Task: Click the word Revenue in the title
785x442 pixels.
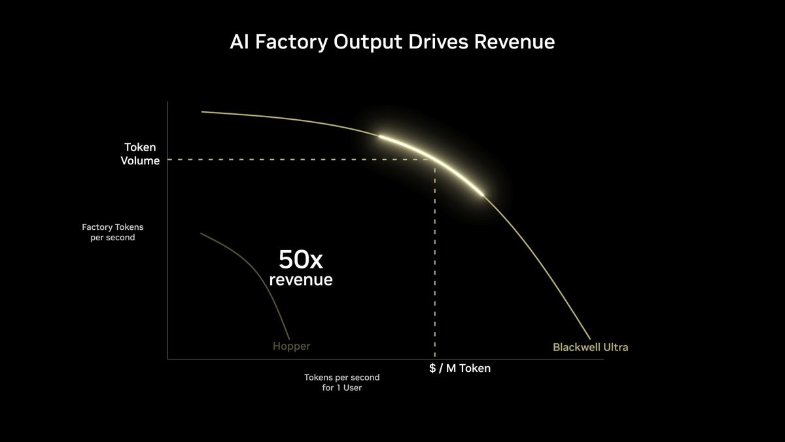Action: click(x=514, y=42)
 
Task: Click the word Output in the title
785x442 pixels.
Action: click(x=367, y=42)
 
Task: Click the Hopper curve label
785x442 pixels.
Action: click(x=291, y=346)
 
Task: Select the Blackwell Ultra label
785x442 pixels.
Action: click(x=590, y=347)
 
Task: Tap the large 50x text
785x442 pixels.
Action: click(x=300, y=260)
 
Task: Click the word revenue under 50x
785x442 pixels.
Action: click(x=301, y=280)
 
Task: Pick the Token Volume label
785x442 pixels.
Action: click(x=140, y=154)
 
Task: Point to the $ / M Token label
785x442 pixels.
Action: click(x=460, y=368)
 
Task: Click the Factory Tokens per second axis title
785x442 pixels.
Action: click(x=113, y=232)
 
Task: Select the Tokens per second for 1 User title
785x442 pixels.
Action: click(x=341, y=382)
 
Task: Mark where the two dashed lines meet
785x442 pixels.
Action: click(x=435, y=159)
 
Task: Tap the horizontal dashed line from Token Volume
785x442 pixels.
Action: click(x=294, y=159)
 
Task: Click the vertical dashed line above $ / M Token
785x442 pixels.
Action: click(x=435, y=262)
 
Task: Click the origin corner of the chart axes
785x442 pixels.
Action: click(x=168, y=358)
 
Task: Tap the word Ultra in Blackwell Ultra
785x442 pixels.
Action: click(x=615, y=347)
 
